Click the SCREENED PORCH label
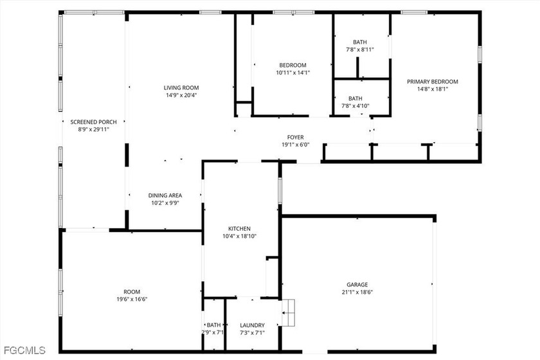93,122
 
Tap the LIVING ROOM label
181,88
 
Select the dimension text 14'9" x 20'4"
181,95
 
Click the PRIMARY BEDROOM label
433,82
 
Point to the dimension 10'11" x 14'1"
292,73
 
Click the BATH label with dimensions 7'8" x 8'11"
360,42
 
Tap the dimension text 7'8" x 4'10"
355,106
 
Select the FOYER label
296,138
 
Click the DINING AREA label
165,195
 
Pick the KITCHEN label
239,229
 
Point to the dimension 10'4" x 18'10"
239,237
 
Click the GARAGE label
357,285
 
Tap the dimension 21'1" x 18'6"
357,292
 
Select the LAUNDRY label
252,325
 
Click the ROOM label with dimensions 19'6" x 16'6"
132,292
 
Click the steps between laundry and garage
288,312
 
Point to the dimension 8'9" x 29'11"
93,129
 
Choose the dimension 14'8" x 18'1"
433,89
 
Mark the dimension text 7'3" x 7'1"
252,333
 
